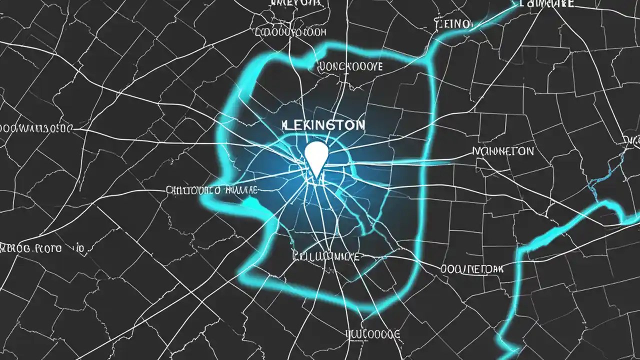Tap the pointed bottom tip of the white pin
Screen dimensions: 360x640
click(x=316, y=176)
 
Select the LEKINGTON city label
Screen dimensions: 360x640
click(x=323, y=125)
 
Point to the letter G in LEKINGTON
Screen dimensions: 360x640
click(x=332, y=125)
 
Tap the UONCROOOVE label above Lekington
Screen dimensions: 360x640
click(x=350, y=66)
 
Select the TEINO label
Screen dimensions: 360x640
click(x=453, y=24)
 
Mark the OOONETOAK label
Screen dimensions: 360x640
click(x=472, y=269)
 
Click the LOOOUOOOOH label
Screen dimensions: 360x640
click(x=291, y=32)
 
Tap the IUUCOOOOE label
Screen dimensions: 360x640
click(x=373, y=333)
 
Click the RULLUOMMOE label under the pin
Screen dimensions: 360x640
click(x=325, y=257)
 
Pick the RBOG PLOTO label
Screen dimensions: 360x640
click(x=43, y=248)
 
